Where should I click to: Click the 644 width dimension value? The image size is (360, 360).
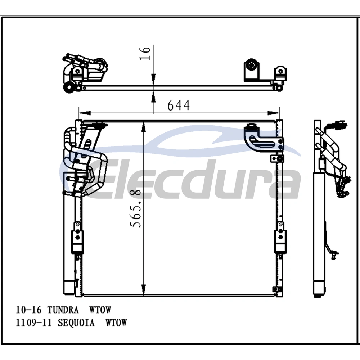[179, 105]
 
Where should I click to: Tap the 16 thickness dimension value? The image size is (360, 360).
[145, 53]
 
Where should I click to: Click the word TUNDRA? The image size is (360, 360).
[63, 310]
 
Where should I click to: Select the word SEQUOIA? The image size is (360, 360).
[76, 323]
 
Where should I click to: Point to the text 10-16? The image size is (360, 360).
[28, 310]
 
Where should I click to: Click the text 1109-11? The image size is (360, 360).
[33, 323]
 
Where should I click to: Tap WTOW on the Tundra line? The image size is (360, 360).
[100, 310]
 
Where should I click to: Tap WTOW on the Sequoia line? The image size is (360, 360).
[116, 323]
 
